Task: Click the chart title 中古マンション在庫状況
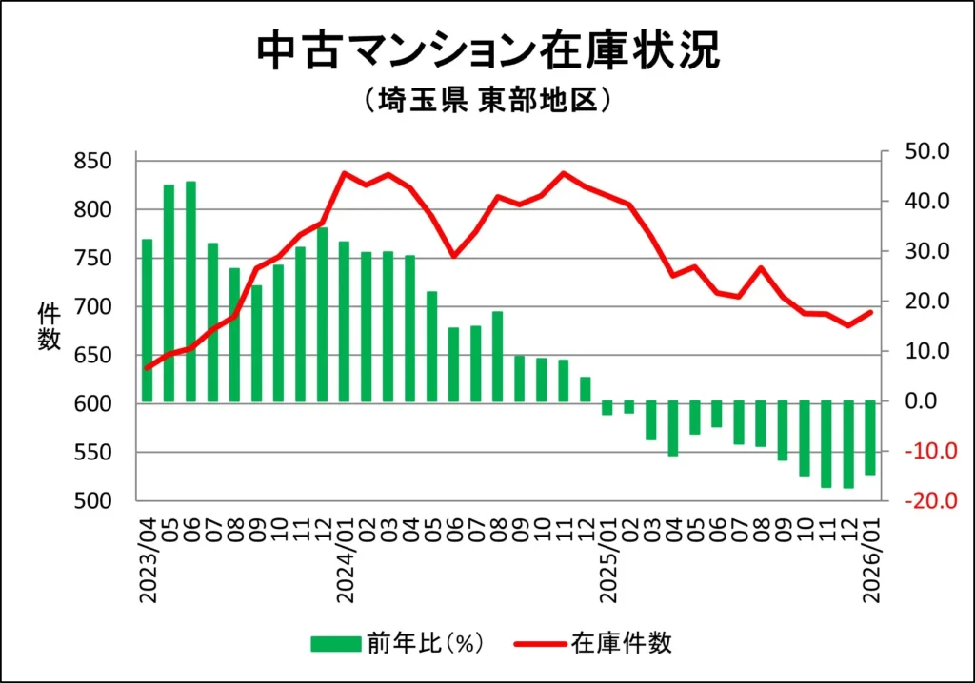click(x=487, y=52)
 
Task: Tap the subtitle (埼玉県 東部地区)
click(x=487, y=101)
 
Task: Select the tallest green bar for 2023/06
click(x=190, y=291)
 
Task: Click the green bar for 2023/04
click(x=147, y=321)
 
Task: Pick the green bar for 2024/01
click(x=344, y=322)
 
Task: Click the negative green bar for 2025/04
click(x=672, y=428)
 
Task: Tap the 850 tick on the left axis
click(x=93, y=161)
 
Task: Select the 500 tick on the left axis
click(x=93, y=501)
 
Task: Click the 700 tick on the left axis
click(x=93, y=306)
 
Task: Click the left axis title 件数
click(x=49, y=325)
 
